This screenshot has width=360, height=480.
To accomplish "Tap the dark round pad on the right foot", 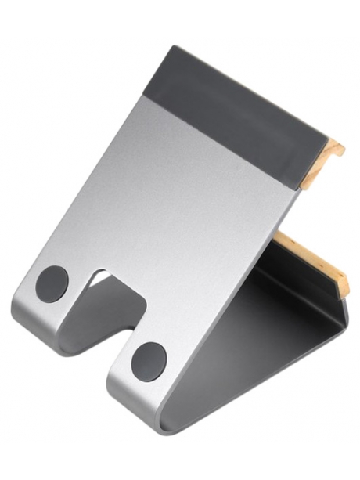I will click(148, 359).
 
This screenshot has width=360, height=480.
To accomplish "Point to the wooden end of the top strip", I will click(334, 156).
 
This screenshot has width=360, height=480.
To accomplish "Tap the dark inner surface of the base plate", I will click(258, 313).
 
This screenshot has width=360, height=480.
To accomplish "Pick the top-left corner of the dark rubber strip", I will click(166, 48).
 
